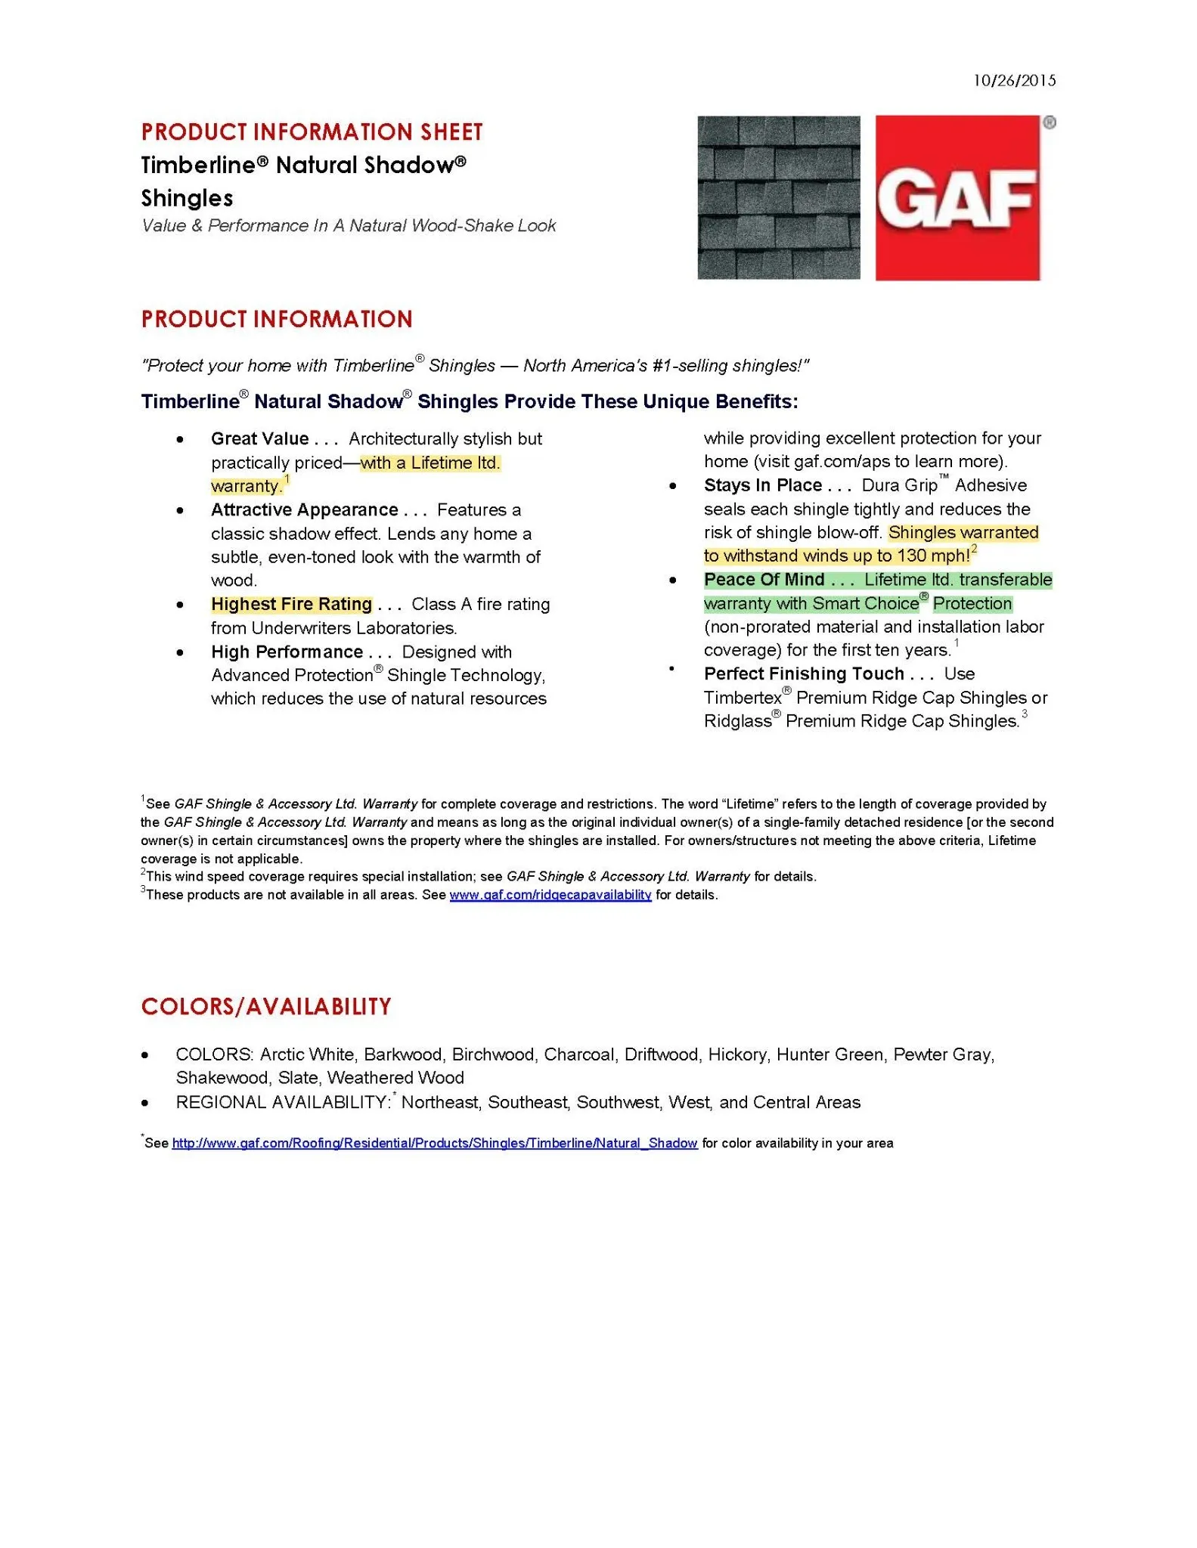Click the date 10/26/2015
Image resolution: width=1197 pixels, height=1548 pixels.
coord(1014,81)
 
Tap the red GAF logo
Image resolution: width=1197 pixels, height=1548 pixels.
coord(957,198)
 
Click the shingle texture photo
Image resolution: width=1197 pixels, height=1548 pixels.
coord(778,197)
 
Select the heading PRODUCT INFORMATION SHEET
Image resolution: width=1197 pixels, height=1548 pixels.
coord(312,132)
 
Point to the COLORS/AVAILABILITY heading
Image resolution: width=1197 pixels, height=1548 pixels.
coord(266,1007)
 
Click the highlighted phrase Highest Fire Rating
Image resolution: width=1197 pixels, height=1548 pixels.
coord(291,605)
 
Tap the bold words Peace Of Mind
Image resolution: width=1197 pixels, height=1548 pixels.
coord(764,580)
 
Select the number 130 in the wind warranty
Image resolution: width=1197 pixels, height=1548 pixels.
coord(911,556)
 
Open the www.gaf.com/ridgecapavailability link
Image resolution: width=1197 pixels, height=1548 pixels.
coord(550,895)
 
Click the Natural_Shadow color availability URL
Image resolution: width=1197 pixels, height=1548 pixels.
coord(434,1144)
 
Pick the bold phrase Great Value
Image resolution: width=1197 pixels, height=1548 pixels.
coord(259,439)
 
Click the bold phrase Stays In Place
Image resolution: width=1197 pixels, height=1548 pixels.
coord(762,485)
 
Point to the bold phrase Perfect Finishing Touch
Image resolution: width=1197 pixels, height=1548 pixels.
coord(804,674)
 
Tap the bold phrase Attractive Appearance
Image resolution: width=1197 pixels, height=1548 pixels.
coord(304,510)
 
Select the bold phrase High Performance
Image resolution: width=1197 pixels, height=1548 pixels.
coord(287,652)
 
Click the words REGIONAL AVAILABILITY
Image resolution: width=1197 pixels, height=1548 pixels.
coord(282,1103)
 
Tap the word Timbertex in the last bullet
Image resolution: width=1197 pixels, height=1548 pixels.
coord(743,698)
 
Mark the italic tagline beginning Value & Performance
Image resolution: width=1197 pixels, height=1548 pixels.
coord(348,226)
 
